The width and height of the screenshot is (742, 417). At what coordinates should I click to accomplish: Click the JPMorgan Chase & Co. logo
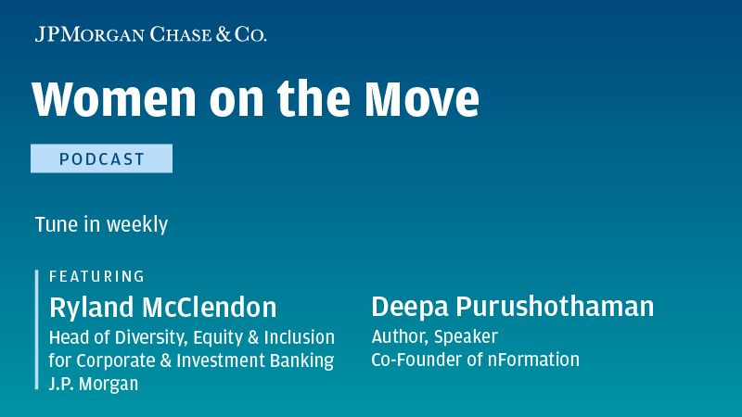point(150,34)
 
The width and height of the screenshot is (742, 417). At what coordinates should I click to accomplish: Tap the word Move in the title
point(422,98)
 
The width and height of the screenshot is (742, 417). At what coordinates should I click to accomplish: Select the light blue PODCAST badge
point(101,158)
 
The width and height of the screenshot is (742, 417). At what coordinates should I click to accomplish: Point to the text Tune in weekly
point(101,224)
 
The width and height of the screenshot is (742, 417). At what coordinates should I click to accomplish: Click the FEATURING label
point(96,276)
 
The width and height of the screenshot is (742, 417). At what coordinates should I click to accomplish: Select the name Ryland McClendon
point(163,308)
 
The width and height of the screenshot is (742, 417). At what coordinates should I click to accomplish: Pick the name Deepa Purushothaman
point(513,308)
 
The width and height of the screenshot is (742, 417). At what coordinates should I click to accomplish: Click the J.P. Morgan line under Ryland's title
point(94,384)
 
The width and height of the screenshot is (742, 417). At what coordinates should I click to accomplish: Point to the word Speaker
point(466,337)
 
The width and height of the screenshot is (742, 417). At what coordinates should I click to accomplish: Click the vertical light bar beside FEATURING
point(36,330)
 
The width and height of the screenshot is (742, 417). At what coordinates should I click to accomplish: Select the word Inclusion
point(299,337)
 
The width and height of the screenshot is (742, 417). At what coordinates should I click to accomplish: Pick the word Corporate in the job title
point(115,360)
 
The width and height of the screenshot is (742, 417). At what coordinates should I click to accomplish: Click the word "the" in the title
point(313,98)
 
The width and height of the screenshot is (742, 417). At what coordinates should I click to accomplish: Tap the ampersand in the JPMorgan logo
point(224,34)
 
